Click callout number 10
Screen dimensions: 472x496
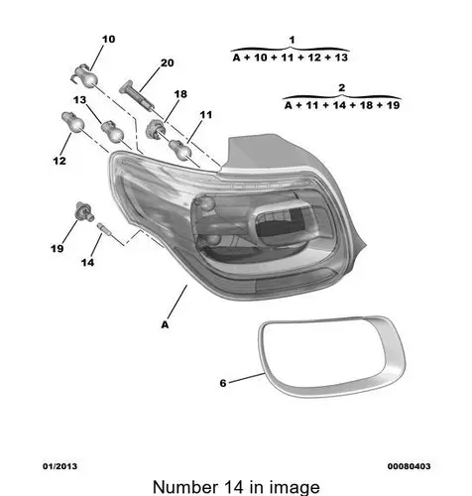108,40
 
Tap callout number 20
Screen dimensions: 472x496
167,62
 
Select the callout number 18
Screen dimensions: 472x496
180,94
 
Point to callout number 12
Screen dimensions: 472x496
59,161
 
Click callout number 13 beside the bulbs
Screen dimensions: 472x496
79,100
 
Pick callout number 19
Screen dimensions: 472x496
57,248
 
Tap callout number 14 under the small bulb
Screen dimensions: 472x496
87,263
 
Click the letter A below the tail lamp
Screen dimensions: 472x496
165,325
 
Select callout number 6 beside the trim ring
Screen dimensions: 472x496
223,383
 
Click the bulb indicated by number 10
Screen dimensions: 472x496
85,76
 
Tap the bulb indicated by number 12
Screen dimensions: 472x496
73,122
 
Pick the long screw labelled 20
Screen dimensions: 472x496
137,95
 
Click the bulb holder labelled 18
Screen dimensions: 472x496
155,128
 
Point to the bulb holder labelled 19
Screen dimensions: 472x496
84,211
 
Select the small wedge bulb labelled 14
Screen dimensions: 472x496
104,229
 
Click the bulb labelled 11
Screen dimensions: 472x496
180,149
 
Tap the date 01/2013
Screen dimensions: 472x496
59,466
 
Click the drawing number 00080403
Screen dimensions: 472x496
410,466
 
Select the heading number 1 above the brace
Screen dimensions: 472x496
292,41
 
